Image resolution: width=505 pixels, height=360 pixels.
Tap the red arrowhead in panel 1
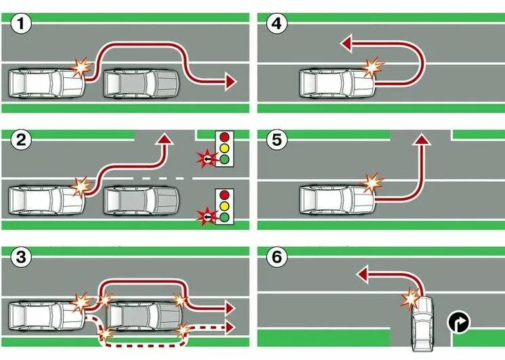click(230, 82)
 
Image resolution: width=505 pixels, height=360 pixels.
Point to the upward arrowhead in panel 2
click(163, 139)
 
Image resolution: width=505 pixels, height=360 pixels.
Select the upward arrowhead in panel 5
click(422, 139)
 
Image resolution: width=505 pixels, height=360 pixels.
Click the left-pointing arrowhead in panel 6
click(362, 274)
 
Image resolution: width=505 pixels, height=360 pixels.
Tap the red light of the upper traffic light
click(224, 137)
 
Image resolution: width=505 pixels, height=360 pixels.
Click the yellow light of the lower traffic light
click(224, 205)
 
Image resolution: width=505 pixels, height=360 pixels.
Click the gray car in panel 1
click(140, 84)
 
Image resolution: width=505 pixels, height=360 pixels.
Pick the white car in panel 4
click(336, 84)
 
